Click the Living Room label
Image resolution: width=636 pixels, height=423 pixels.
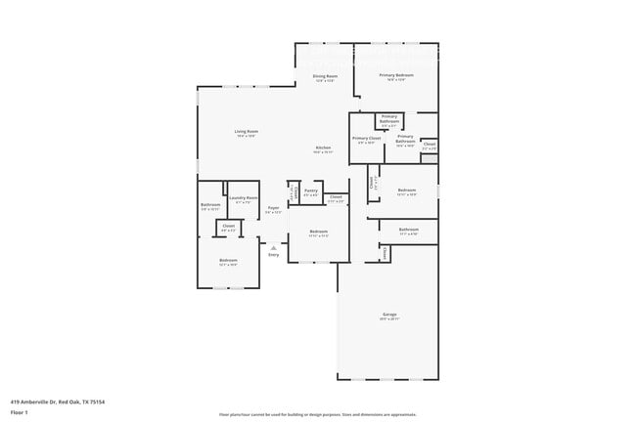(246, 131)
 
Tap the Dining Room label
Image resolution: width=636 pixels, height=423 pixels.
(325, 76)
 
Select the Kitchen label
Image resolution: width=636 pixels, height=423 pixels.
(323, 148)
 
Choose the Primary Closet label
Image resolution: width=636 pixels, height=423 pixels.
(367, 139)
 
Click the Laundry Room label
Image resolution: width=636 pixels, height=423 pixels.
(243, 198)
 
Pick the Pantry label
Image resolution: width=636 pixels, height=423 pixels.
(311, 191)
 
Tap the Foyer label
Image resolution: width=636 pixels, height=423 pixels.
(273, 208)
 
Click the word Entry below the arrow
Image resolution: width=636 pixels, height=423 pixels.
(274, 254)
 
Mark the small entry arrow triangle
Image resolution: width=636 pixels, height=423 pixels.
(274, 247)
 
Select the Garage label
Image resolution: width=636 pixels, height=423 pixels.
(389, 315)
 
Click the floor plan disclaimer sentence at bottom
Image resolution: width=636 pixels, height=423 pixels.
(317, 413)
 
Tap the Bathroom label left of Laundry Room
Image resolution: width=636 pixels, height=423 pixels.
(210, 205)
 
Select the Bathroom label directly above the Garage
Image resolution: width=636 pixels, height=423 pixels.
(409, 230)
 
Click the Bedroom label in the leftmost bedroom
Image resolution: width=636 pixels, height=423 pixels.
(227, 261)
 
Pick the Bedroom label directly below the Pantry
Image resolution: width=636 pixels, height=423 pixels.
(318, 232)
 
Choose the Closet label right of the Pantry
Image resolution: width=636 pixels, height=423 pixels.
(336, 197)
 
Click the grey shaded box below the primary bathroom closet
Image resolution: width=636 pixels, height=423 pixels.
(429, 157)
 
